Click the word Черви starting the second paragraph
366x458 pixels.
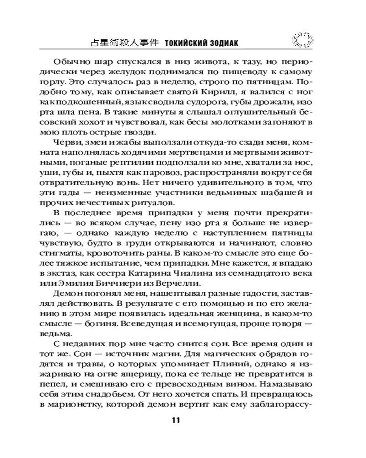pyautogui.click(x=66, y=142)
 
